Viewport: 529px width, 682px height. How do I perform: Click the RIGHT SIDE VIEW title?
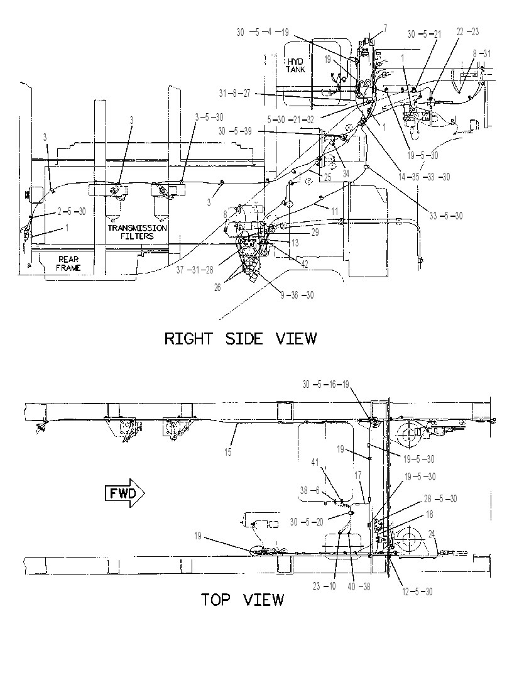point(241,338)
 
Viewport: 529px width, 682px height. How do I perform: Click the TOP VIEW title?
point(242,600)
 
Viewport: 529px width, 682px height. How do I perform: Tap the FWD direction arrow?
point(125,493)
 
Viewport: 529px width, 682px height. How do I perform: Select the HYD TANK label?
point(295,65)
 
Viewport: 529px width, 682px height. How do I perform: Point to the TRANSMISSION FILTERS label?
point(138,232)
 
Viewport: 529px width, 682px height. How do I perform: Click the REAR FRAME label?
point(68,263)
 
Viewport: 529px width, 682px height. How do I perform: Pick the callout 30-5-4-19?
point(263,32)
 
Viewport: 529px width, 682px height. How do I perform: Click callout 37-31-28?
point(195,270)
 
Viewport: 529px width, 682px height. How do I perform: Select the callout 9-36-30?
point(297,295)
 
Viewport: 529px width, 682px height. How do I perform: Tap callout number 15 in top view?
point(228,453)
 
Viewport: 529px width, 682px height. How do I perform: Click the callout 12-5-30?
point(417,591)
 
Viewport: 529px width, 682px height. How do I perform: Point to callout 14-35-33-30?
point(424,177)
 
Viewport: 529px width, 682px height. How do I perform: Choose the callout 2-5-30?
point(72,211)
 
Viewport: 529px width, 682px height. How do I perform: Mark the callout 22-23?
point(467,31)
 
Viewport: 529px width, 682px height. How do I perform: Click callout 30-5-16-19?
point(326,385)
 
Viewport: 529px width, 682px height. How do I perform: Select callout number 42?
point(304,264)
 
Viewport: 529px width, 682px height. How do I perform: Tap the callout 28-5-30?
point(440,499)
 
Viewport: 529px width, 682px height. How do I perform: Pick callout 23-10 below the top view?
point(324,586)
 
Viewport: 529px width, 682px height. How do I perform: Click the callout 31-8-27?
point(235,94)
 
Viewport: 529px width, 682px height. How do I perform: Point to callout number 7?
point(385,29)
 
